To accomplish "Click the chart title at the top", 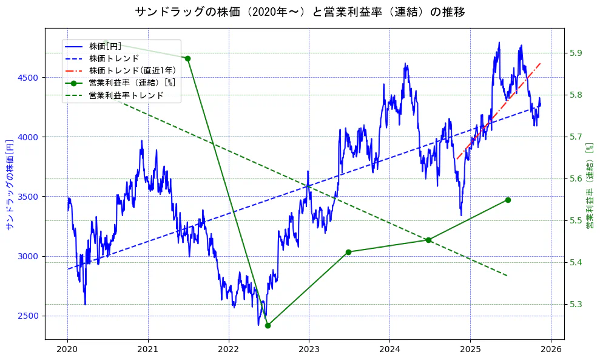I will tap(300, 12).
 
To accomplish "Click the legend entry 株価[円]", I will tap(105, 46).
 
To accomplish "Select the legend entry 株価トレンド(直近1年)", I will tap(132, 70).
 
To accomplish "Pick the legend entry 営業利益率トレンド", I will tap(126, 95).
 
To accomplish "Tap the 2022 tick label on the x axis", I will tap(228, 350).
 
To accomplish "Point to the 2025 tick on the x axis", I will tap(470, 350).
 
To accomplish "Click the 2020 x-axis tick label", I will tap(67, 350).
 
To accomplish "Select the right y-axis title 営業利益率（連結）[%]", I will tap(589, 185).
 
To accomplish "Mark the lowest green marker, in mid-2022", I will tap(268, 325).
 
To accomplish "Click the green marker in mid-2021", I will tap(187, 58).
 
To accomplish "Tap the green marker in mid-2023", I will tap(348, 252).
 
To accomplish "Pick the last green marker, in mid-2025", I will tap(508, 200).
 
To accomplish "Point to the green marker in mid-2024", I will tap(428, 240).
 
